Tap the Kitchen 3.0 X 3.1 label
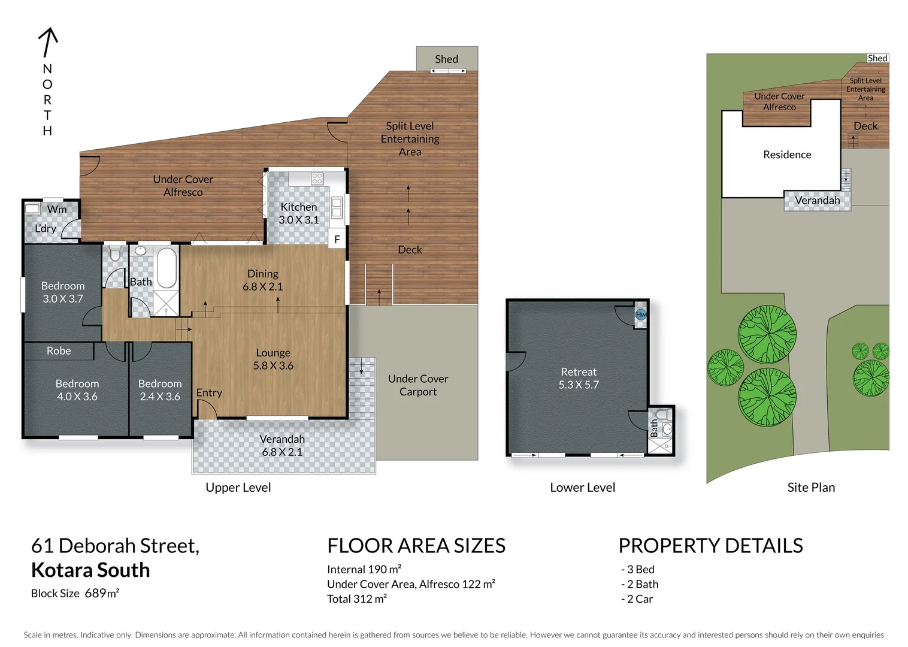[298, 213]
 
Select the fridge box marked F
[337, 239]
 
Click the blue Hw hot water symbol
[640, 315]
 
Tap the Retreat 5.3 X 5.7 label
[579, 378]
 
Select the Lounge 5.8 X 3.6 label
[273, 359]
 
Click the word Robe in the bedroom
[59, 351]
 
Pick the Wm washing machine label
[57, 209]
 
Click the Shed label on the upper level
[446, 59]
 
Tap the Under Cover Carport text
[418, 385]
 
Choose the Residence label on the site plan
[787, 155]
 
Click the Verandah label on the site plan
[817, 201]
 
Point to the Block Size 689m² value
[102, 593]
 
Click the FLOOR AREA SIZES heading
[416, 546]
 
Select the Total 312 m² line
[357, 598]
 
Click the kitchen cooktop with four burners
[317, 178]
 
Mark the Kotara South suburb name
[90, 570]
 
